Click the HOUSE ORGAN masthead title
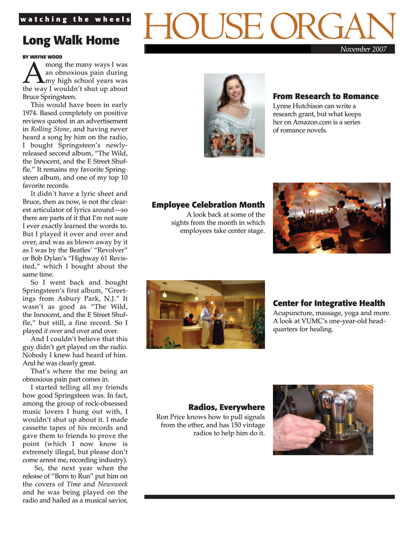tap(270, 27)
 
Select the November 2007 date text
tap(363, 49)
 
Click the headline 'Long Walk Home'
tap(71, 41)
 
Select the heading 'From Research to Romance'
tap(326, 96)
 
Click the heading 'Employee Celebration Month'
tap(208, 205)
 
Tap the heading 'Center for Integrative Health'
tap(329, 303)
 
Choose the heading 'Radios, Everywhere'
tap(226, 407)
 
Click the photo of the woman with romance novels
tap(234, 115)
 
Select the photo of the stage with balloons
tap(332, 218)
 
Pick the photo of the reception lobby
tap(206, 314)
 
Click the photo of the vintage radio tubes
tap(323, 420)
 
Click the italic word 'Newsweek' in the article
tap(113, 484)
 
